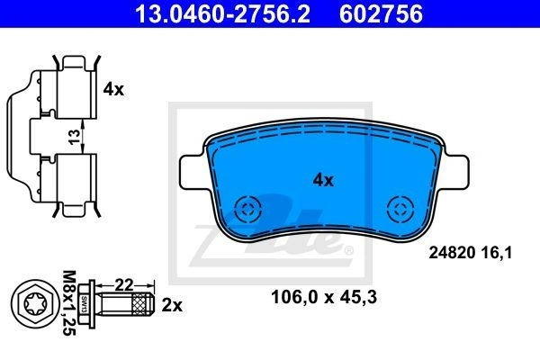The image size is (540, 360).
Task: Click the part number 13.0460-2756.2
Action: tap(223, 13)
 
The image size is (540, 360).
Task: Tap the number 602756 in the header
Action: tap(381, 13)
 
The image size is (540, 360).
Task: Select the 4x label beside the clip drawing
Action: tap(113, 90)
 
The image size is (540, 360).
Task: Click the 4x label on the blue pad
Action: tap(323, 180)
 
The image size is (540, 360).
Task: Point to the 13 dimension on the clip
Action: tap(74, 137)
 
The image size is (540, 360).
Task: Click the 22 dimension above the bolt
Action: tap(123, 284)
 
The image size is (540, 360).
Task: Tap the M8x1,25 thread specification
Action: tap(69, 303)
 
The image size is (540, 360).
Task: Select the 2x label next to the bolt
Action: tap(172, 305)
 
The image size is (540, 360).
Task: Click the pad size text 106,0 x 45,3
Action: tap(324, 297)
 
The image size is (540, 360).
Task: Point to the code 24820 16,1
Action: tap(471, 253)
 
